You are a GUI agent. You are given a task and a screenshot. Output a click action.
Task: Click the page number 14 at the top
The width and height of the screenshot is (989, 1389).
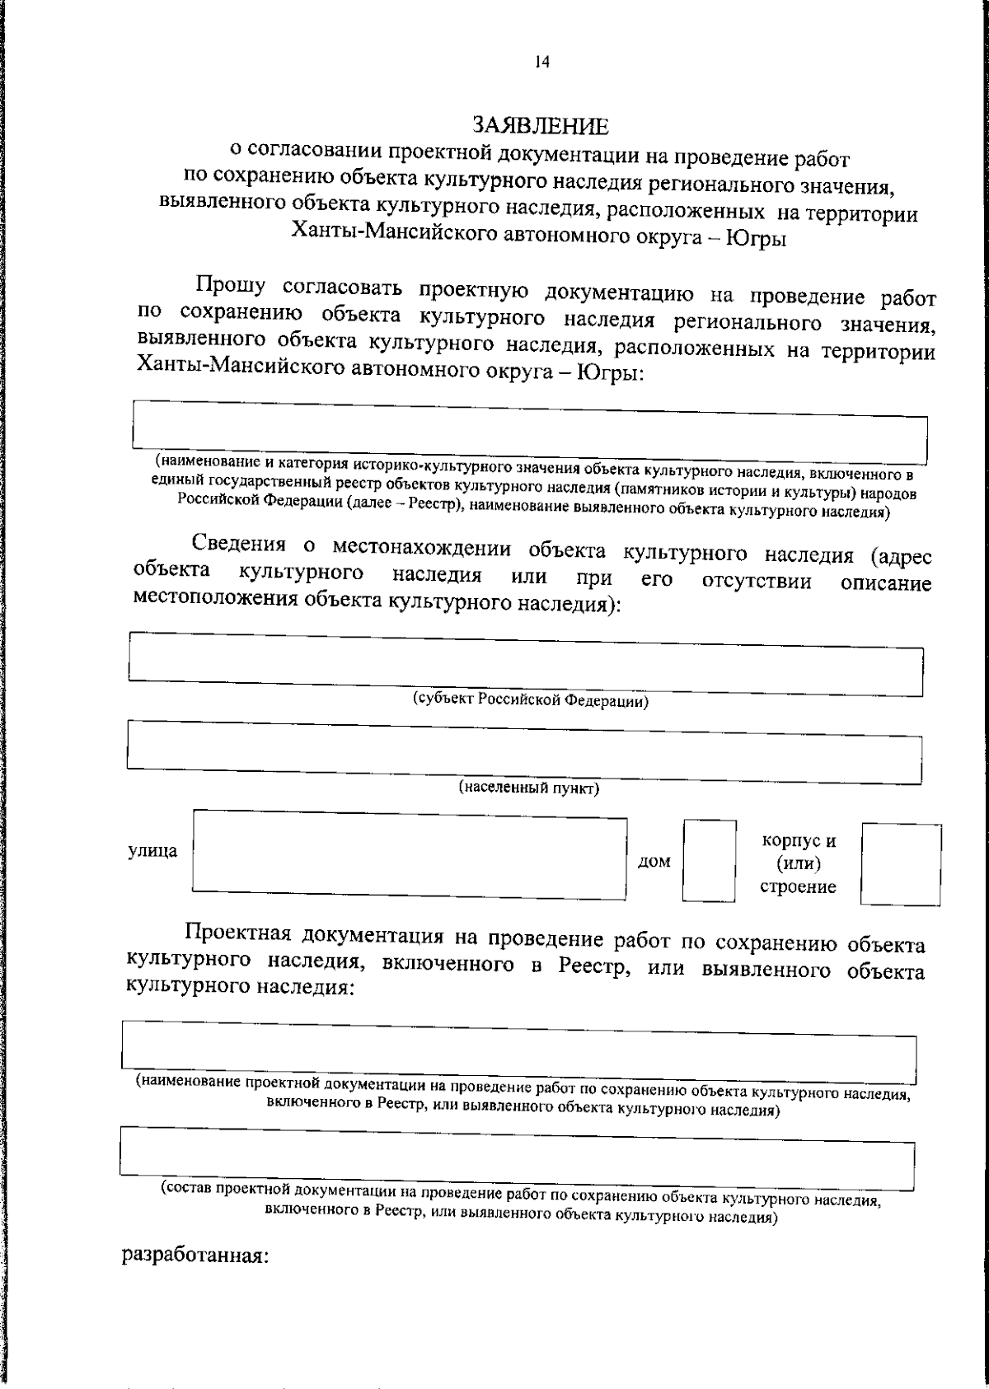pyautogui.click(x=541, y=63)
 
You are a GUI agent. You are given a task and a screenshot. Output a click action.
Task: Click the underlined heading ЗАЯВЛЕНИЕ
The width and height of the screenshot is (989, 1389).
pyautogui.click(x=540, y=125)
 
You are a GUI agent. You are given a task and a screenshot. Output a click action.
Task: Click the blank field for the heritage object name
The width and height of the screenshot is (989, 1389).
pyautogui.click(x=529, y=432)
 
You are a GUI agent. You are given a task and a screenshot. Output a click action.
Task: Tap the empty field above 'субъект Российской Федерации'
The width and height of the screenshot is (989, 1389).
pyautogui.click(x=525, y=663)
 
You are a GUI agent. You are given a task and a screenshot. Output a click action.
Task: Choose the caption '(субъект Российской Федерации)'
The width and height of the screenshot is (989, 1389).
pyautogui.click(x=530, y=701)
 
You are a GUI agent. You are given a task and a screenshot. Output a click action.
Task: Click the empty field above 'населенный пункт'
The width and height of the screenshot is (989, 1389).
pyautogui.click(x=523, y=751)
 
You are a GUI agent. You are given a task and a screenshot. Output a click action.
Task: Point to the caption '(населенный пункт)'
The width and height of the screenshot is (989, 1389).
pyautogui.click(x=528, y=788)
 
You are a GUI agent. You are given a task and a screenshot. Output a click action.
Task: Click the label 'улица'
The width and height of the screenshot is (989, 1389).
pyautogui.click(x=152, y=851)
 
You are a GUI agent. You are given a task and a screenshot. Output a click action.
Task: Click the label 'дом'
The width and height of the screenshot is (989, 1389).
pyautogui.click(x=654, y=862)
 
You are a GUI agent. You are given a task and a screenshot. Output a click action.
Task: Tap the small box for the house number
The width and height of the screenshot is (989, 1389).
pyautogui.click(x=709, y=860)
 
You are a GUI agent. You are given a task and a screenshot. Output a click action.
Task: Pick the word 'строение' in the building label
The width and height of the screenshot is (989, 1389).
pyautogui.click(x=798, y=887)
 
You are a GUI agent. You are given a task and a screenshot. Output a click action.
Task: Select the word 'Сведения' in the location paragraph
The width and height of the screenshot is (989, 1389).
pyautogui.click(x=238, y=545)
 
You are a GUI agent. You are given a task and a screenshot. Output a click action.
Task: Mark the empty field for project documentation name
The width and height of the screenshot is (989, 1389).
pyautogui.click(x=518, y=1051)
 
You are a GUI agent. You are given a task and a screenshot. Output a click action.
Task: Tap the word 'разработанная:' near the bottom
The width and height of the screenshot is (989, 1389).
pyautogui.click(x=195, y=1256)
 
